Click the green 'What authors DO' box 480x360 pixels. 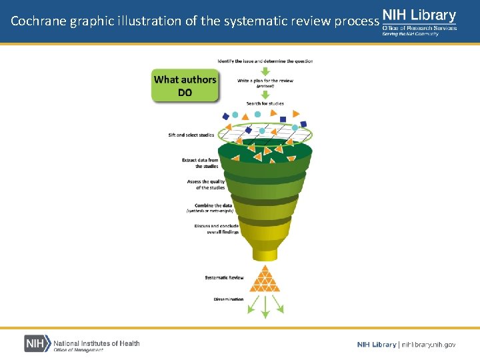pyautogui.click(x=185, y=86)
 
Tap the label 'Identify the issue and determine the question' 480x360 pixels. pyautogui.click(x=265, y=61)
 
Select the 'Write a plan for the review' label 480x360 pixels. pyautogui.click(x=265, y=81)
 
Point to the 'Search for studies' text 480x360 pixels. pyautogui.click(x=265, y=103)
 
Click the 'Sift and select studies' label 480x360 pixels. pyautogui.click(x=191, y=135)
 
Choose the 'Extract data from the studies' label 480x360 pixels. pyautogui.click(x=200, y=163)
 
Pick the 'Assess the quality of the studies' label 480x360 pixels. pyautogui.click(x=206, y=185)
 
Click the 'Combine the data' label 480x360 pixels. pyautogui.click(x=213, y=205)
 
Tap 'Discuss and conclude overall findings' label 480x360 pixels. pyautogui.click(x=217, y=229)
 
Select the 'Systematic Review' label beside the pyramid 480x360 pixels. pyautogui.click(x=224, y=277)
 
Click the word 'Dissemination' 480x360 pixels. pyautogui.click(x=229, y=299)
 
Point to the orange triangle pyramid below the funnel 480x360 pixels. pyautogui.click(x=265, y=279)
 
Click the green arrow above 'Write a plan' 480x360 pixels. pyautogui.click(x=265, y=71)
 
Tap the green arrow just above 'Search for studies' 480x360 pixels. pyautogui.click(x=265, y=94)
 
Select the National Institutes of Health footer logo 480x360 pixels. pyautogui.click(x=82, y=343)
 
